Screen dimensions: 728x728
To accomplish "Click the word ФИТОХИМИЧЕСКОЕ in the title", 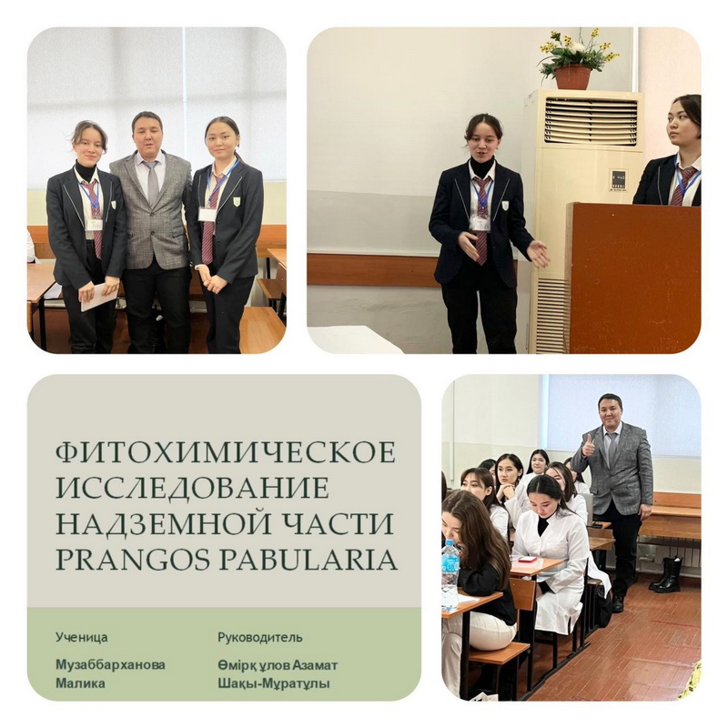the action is point(226,453).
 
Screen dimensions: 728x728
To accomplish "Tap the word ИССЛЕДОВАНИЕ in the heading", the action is point(192,489).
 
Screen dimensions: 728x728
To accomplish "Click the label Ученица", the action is point(82,638).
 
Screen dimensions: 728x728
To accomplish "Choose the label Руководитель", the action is point(260,638).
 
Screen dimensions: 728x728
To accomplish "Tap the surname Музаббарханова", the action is point(110,665).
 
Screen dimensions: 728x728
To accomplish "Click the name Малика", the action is point(80,683).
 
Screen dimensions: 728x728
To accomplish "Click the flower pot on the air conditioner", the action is point(573,76).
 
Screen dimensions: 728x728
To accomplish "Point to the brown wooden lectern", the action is point(634,278).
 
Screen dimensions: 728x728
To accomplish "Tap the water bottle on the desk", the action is point(450,574).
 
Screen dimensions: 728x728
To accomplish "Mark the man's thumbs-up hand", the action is point(588,447).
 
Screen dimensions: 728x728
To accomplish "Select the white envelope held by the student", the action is point(99,298).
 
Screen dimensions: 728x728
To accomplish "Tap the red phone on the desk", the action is point(528,559).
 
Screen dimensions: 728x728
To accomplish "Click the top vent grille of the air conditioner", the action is point(591,116).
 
